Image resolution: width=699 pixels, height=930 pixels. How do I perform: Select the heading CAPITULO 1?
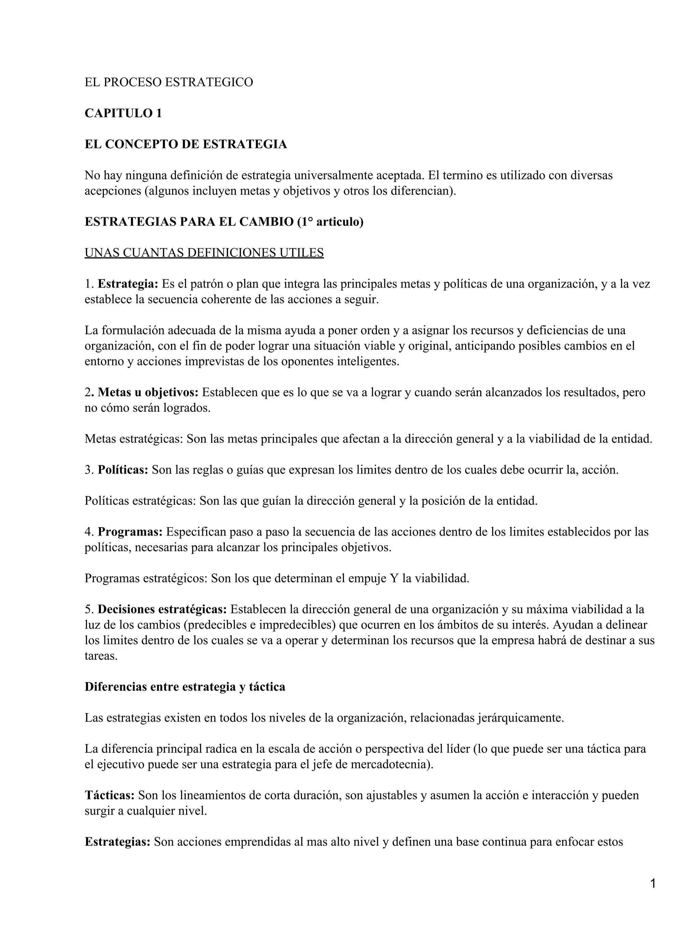tap(123, 113)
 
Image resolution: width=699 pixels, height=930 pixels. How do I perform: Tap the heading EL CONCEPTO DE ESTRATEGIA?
tap(185, 144)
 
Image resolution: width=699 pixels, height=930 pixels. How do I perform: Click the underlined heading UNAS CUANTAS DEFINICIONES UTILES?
tap(204, 253)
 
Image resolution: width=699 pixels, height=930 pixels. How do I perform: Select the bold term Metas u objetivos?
tap(148, 392)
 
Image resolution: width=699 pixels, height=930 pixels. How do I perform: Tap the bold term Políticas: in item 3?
tap(123, 470)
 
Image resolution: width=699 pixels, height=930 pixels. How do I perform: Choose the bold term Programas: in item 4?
tap(130, 532)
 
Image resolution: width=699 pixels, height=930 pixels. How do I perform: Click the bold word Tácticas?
tap(109, 795)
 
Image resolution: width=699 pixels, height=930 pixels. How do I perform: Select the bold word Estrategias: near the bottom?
tap(117, 842)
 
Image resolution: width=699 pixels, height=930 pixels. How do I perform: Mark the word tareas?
tap(101, 656)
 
